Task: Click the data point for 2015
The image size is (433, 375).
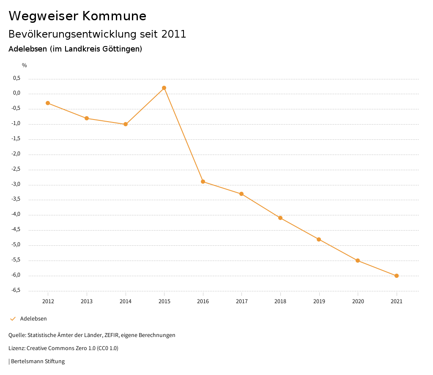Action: pyautogui.click(x=164, y=88)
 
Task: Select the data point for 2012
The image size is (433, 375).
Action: pyautogui.click(x=48, y=103)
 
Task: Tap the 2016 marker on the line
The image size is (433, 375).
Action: pyautogui.click(x=203, y=182)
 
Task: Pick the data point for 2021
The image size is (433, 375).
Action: pyautogui.click(x=397, y=276)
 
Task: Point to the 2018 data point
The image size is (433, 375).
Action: pyautogui.click(x=280, y=218)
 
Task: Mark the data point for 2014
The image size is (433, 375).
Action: pyautogui.click(x=126, y=124)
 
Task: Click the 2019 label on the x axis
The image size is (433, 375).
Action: pyautogui.click(x=319, y=301)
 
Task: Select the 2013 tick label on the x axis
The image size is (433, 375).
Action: pyautogui.click(x=87, y=301)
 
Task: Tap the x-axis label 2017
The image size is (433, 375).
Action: pyautogui.click(x=241, y=301)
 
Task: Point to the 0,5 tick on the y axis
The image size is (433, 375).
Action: pyautogui.click(x=16, y=78)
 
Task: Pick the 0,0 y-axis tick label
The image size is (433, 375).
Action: pyautogui.click(x=16, y=93)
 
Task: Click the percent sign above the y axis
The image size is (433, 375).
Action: pyautogui.click(x=25, y=65)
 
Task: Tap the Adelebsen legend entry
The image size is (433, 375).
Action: pyautogui.click(x=33, y=318)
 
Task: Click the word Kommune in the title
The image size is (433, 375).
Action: pyautogui.click(x=114, y=16)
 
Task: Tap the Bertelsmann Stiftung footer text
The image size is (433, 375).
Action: pyautogui.click(x=38, y=361)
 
